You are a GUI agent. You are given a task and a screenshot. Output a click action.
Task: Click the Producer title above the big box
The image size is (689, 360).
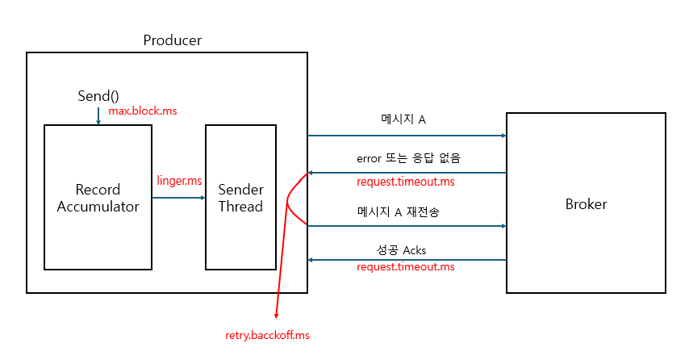coord(172,40)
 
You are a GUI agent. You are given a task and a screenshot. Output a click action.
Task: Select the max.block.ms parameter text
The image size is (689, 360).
coord(142,111)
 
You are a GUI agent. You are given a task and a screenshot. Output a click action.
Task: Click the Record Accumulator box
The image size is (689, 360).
coord(98,197)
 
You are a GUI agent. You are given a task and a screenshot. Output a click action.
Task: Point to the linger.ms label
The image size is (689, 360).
coord(179,180)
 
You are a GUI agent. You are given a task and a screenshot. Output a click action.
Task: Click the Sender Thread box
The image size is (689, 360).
coord(240,197)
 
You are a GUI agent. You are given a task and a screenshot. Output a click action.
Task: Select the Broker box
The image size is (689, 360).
coord(586,203)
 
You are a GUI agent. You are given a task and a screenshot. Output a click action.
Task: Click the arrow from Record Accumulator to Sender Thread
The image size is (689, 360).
coord(178,197)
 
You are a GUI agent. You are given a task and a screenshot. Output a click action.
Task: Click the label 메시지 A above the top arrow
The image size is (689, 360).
coord(403,119)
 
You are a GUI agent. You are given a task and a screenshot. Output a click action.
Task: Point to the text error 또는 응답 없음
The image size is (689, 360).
coord(407,157)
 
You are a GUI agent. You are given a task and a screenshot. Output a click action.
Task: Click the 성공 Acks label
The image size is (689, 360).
coord(403,249)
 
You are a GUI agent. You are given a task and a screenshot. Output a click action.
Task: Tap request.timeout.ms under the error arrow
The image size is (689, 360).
coord(406,182)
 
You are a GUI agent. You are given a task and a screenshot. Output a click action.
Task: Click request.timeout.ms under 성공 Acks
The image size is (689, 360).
coord(406,266)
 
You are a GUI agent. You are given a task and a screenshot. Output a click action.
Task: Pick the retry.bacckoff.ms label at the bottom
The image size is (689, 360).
coord(268,334)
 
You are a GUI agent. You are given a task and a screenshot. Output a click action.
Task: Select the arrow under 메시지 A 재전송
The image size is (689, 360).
coord(407,226)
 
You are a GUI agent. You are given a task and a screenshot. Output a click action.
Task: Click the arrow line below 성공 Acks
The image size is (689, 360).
coord(407,260)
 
